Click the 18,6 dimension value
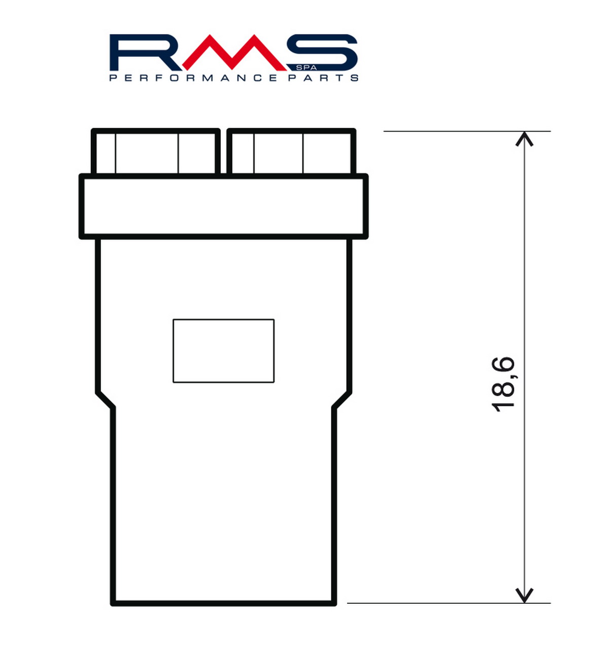pos(504,384)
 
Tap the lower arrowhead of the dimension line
pos(524,596)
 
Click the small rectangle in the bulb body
pos(223,351)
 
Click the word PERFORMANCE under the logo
pos(193,78)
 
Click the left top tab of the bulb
pos(156,152)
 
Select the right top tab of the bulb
pos(291,152)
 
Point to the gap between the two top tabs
pos(223,152)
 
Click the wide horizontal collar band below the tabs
pos(223,206)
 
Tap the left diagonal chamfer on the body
pos(105,400)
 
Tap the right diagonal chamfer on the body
pos(342,400)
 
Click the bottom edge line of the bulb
pos(223,603)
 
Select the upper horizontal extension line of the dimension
pos(466,131)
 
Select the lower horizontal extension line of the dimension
pos(448,603)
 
